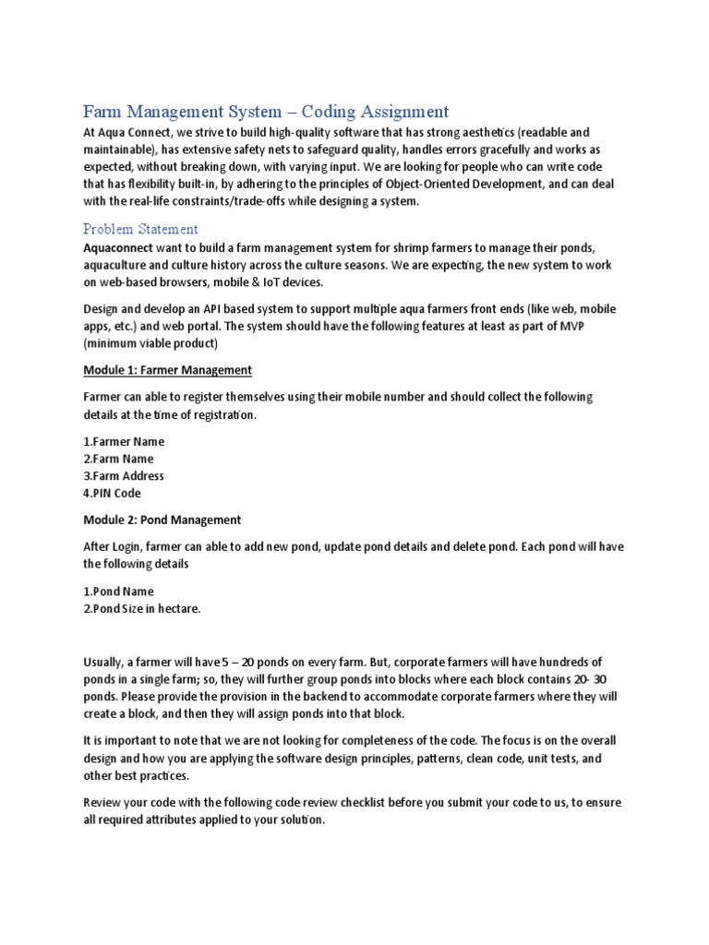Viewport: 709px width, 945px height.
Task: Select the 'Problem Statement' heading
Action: point(140,228)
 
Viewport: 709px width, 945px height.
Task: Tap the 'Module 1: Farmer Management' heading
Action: point(167,370)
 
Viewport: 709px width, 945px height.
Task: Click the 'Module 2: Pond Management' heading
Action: point(162,520)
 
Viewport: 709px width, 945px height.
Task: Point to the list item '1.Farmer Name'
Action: point(124,441)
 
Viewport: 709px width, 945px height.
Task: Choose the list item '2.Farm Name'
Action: point(118,459)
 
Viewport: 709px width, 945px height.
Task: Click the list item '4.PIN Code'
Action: point(112,494)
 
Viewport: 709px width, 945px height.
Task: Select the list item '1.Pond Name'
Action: point(118,591)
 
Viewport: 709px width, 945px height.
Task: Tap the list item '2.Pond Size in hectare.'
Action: point(141,608)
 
